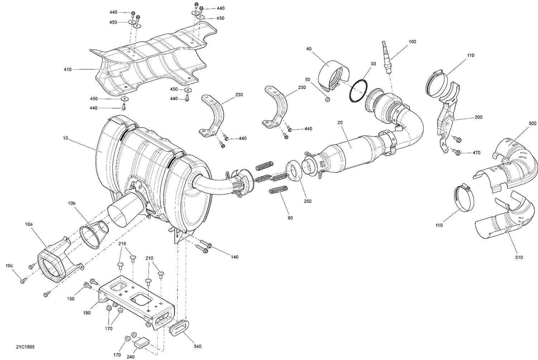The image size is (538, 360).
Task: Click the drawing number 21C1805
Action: tap(25, 347)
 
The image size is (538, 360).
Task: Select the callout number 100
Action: tap(412, 42)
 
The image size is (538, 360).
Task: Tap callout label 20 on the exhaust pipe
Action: tap(340, 123)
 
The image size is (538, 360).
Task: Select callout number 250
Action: tap(307, 201)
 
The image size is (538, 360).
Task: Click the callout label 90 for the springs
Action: tap(290, 218)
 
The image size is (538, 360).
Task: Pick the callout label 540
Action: tap(198, 346)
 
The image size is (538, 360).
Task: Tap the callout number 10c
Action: tap(9, 266)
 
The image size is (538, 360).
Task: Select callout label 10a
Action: tap(29, 224)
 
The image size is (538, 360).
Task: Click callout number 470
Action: tap(476, 153)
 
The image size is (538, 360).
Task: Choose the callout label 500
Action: tap(533, 123)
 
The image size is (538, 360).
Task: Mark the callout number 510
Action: tap(519, 257)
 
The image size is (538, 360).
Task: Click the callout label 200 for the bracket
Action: tap(478, 117)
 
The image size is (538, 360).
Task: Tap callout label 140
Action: tap(235, 257)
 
